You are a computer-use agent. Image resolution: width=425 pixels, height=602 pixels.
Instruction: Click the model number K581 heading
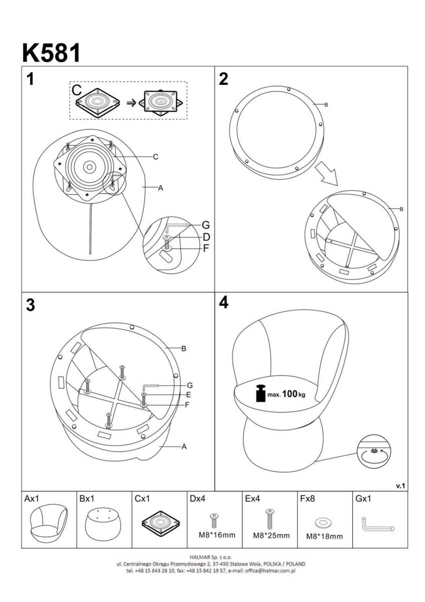(x=51, y=53)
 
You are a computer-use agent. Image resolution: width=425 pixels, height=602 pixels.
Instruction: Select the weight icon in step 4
(x=261, y=393)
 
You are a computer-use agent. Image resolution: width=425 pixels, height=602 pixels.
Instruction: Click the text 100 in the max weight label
(x=290, y=394)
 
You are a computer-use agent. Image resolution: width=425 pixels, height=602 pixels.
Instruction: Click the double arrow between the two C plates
(x=131, y=103)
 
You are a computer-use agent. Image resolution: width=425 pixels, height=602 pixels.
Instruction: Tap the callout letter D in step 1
(x=206, y=237)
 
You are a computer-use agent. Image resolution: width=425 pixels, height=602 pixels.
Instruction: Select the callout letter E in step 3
(x=188, y=395)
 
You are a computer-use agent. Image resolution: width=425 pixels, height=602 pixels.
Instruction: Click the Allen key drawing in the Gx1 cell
(x=378, y=524)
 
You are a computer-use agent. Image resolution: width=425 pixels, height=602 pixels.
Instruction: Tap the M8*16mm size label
(x=217, y=535)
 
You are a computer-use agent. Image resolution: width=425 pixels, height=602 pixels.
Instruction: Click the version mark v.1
(x=400, y=486)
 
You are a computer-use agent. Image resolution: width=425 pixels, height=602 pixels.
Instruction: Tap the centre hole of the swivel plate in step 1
(x=89, y=167)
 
